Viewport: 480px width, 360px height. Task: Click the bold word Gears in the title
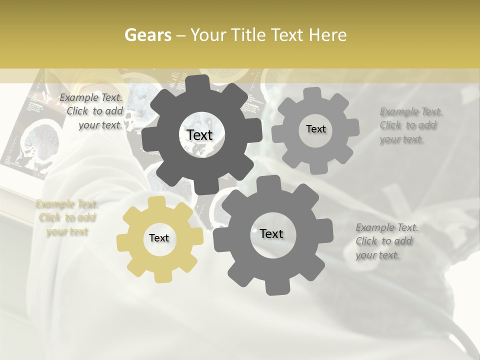[147, 35]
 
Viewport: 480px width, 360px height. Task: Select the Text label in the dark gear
[199, 135]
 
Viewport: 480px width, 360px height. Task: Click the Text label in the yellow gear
[159, 238]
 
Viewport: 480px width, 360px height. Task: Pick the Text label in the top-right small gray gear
[315, 129]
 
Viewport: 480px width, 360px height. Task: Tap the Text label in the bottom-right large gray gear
[271, 233]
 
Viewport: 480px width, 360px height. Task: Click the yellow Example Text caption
[66, 217]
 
